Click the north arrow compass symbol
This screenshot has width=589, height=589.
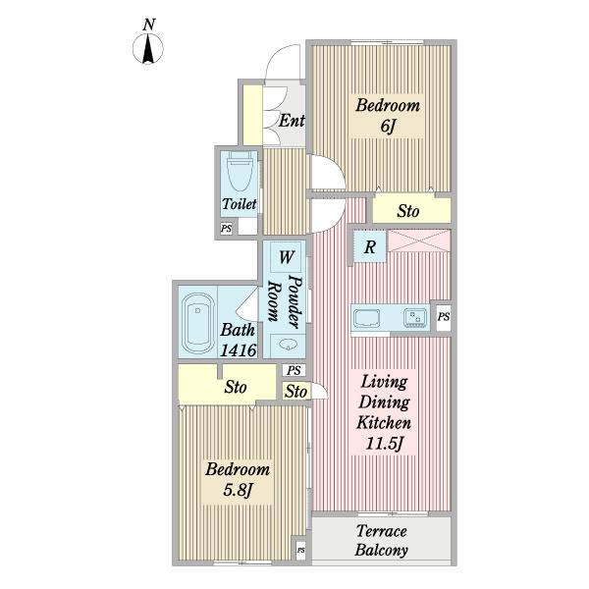click(148, 48)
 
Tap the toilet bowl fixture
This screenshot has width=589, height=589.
click(240, 173)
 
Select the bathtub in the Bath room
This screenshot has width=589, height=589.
click(197, 323)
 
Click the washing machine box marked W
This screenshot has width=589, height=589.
click(286, 257)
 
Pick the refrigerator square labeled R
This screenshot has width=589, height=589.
click(370, 246)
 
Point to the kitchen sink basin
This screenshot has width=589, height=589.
click(366, 318)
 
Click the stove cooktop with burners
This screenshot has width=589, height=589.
click(415, 318)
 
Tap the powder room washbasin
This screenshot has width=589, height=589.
click(288, 345)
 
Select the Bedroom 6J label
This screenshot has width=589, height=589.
click(388, 115)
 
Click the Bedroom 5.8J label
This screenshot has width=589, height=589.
click(238, 480)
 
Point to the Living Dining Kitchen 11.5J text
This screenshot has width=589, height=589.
click(384, 413)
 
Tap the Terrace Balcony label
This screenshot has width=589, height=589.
click(381, 541)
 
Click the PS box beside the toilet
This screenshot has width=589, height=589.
click(226, 229)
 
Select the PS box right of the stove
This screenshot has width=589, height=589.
click(444, 317)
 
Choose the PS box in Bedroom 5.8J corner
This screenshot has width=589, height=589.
click(301, 551)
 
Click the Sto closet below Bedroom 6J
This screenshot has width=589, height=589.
click(411, 210)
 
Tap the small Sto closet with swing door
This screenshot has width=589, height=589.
click(296, 392)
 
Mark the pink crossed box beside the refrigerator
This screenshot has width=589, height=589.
click(419, 241)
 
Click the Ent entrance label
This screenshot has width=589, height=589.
click(292, 121)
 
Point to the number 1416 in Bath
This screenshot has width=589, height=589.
click(239, 350)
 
